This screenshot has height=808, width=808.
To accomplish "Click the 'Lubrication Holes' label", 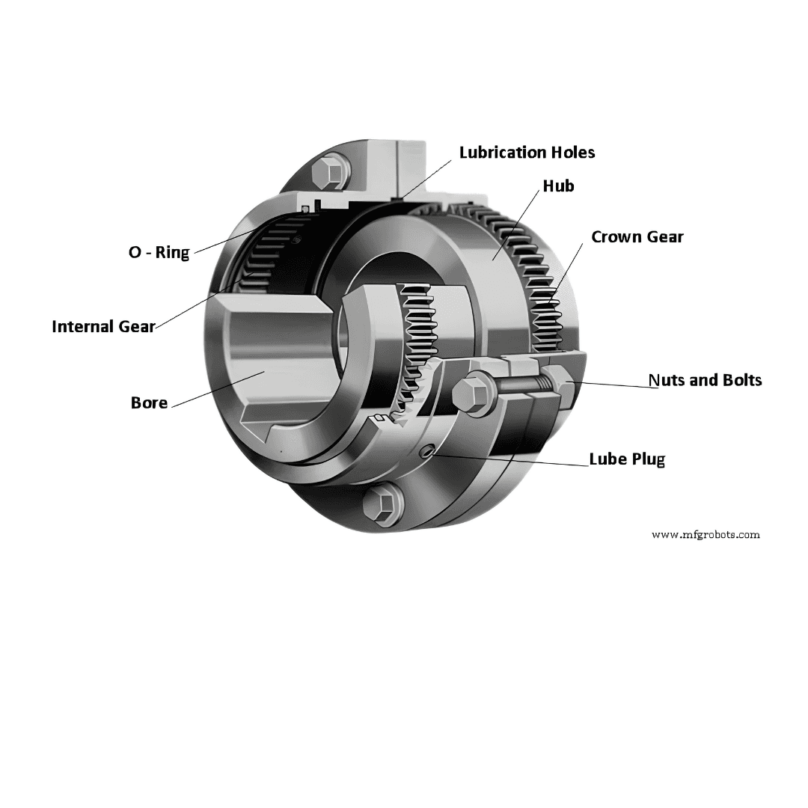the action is tap(527, 153).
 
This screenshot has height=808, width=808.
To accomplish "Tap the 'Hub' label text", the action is tap(559, 186).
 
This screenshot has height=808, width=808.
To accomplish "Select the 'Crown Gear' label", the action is tap(637, 237).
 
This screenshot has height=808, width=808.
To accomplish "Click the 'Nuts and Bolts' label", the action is tap(705, 380).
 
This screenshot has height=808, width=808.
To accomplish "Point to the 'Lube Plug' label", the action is tap(627, 459).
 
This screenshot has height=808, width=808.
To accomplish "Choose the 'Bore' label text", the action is tap(150, 403).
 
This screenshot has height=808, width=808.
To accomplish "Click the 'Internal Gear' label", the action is tap(103, 327).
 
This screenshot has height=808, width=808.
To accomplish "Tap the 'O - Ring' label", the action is tap(159, 253).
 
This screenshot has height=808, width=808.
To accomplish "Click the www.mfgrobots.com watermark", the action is tap(706, 535).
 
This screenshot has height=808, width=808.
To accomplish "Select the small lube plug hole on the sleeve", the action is tap(426, 452).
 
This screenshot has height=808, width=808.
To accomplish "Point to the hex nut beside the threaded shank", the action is tap(559, 385).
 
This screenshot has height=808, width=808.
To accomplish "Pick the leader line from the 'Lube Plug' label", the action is tap(510, 460).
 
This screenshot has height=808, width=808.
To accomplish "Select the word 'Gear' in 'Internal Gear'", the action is tap(137, 327).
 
